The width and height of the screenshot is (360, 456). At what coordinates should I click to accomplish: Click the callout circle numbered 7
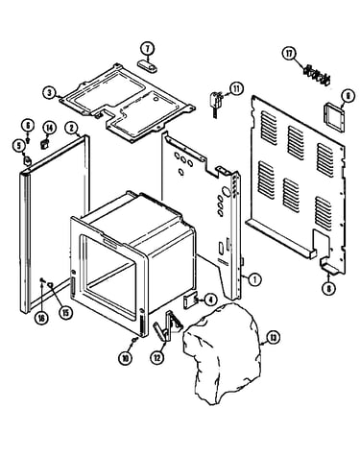148,49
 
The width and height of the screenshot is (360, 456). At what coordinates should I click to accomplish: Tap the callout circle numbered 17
289,54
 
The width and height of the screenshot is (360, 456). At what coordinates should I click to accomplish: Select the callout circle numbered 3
49,93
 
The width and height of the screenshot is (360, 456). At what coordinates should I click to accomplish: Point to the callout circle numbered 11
236,89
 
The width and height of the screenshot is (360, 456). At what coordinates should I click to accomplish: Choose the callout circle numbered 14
49,129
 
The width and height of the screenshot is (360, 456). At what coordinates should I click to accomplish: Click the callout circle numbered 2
71,129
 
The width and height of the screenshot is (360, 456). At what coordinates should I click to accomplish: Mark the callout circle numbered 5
19,146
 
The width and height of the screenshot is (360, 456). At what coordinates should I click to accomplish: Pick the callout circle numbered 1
254,279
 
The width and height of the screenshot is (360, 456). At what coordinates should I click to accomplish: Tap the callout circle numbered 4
210,300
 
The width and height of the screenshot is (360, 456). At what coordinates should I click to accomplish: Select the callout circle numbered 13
273,338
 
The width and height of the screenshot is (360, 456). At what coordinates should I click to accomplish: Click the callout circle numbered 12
156,358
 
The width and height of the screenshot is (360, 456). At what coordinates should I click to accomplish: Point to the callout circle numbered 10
125,358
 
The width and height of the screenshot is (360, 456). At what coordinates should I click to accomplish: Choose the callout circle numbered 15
65,313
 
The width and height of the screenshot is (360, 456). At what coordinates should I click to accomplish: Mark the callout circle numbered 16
42,318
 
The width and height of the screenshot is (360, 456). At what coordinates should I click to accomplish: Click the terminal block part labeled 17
317,74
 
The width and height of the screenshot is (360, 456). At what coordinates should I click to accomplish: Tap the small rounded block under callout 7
148,66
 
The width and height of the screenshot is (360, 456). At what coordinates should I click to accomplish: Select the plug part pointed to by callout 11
215,102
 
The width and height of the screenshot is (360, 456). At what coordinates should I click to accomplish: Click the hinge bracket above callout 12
168,327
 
